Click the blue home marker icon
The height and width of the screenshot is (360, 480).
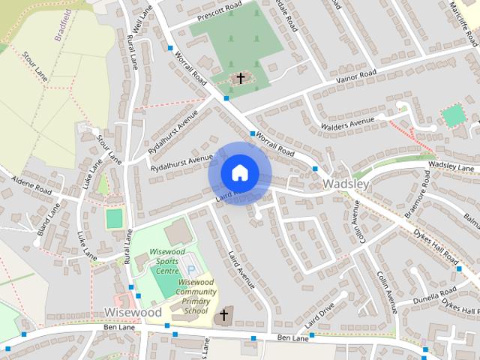239,172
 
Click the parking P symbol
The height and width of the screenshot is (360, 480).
190,269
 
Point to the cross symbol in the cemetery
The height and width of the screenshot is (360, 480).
241,77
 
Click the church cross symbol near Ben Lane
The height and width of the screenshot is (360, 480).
223,316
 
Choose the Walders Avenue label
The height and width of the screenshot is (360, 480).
346,122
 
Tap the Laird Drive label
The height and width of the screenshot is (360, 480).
318,318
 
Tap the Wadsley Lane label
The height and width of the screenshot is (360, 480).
451,166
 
